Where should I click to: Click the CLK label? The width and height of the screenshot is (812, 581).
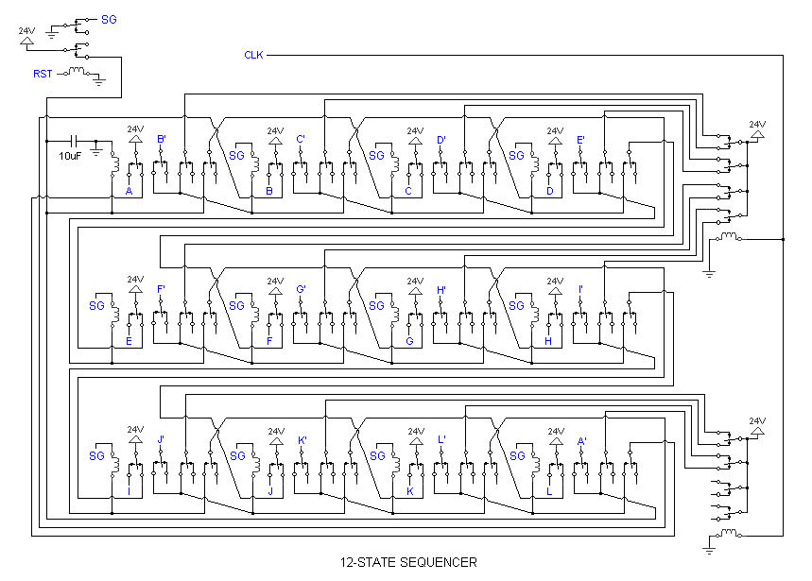pyautogui.click(x=253, y=55)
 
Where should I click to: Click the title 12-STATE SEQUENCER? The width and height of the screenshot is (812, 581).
pyautogui.click(x=408, y=562)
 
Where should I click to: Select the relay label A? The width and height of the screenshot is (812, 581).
pyautogui.click(x=129, y=191)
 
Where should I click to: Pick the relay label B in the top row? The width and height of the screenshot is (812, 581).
pyautogui.click(x=269, y=191)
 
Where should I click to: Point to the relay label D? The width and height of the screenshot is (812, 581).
pyautogui.click(x=549, y=191)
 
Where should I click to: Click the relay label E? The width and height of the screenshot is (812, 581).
pyautogui.click(x=129, y=341)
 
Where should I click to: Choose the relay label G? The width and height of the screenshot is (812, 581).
pyautogui.click(x=409, y=341)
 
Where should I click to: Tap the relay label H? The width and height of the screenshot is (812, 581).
pyautogui.click(x=549, y=341)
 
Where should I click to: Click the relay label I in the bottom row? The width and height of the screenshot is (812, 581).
pyautogui.click(x=129, y=491)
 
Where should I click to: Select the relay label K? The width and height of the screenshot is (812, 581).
pyautogui.click(x=409, y=491)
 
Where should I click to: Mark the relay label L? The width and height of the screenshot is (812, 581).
pyautogui.click(x=549, y=491)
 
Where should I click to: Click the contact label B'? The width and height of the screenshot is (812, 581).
pyautogui.click(x=162, y=139)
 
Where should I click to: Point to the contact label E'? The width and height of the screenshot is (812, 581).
pyautogui.click(x=581, y=139)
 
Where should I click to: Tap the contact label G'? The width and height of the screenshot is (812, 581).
pyautogui.click(x=302, y=289)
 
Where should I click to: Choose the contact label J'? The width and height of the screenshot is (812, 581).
pyautogui.click(x=162, y=439)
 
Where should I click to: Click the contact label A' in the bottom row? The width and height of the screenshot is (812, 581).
pyautogui.click(x=581, y=439)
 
